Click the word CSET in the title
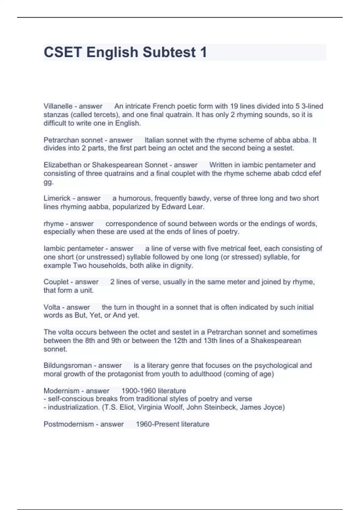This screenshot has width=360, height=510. [63, 52]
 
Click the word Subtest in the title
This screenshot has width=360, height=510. [169, 52]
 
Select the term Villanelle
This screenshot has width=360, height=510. [58, 106]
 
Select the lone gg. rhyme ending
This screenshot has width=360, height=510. [48, 182]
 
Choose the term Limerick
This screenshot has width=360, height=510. [57, 198]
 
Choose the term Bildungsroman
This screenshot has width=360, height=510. [67, 365]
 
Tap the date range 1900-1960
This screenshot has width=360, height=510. [139, 391]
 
